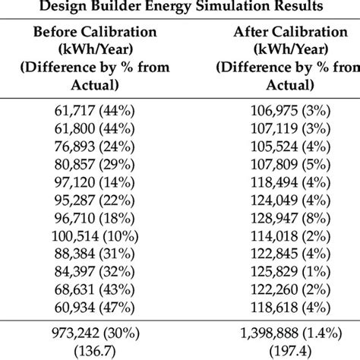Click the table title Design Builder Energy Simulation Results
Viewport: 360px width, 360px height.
coord(180,8)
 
